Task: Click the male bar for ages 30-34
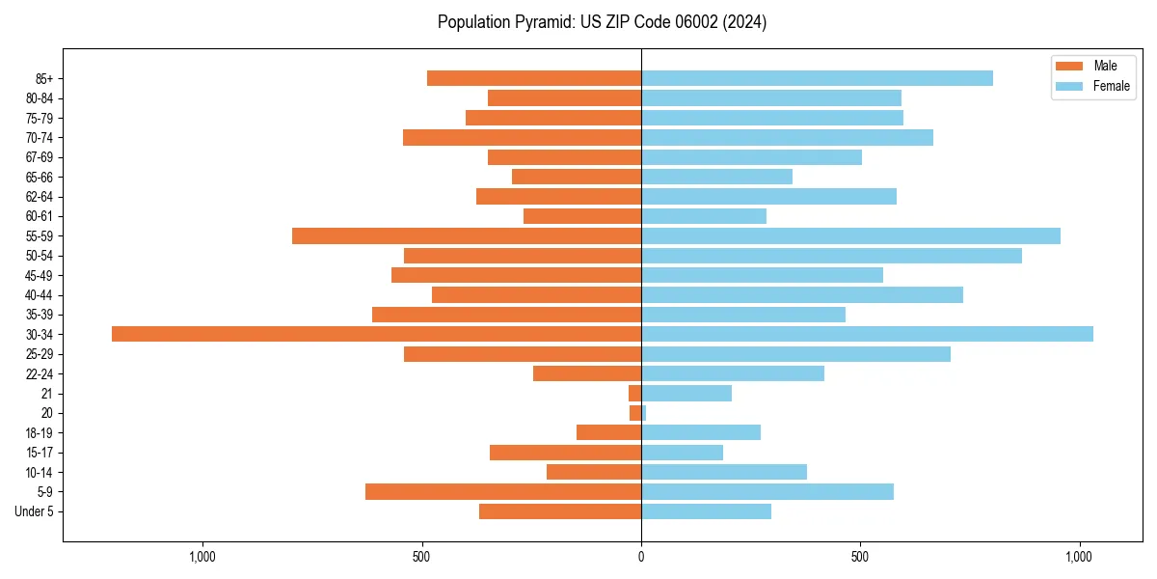376,334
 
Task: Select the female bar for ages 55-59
850,235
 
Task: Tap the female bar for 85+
817,78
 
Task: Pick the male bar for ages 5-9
503,491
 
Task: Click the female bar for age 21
686,393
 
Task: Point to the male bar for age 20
635,413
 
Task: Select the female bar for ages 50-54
831,256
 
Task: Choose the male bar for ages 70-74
522,137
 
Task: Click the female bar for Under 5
706,511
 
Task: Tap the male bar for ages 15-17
565,453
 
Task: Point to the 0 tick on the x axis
641,557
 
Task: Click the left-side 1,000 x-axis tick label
202,557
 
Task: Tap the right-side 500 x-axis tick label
860,557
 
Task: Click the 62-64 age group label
40,197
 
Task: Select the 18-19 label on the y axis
40,433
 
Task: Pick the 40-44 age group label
40,295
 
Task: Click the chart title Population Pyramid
602,22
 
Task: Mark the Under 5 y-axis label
35,511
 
